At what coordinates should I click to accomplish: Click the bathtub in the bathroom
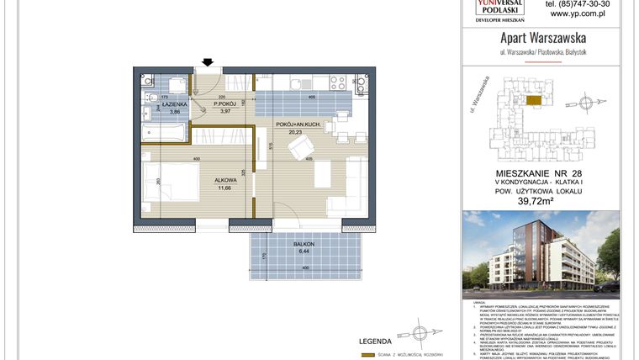165,133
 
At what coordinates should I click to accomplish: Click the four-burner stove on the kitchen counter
338,82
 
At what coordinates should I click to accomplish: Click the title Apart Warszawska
543,37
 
